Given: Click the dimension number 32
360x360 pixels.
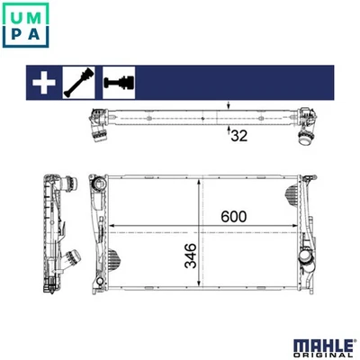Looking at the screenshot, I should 238,136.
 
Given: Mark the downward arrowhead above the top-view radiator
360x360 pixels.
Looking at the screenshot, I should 229,109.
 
